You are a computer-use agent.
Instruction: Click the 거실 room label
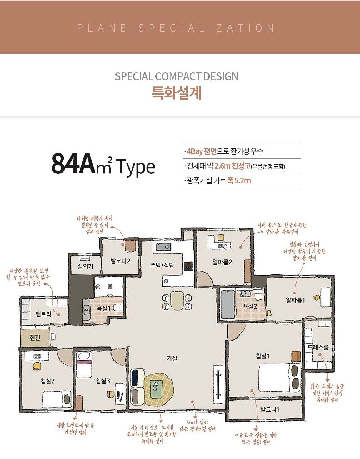click(172, 358)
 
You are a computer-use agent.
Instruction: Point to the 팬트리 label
click(43, 314)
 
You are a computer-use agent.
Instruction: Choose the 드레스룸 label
click(318, 348)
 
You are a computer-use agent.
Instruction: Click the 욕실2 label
click(249, 306)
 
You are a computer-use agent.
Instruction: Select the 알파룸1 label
click(295, 300)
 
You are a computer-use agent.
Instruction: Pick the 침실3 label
click(103, 381)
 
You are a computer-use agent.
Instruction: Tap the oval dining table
click(177, 301)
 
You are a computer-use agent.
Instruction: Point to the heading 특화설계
click(177, 93)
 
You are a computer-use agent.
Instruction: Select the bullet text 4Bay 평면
click(200, 151)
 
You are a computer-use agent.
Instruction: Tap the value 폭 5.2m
click(239, 180)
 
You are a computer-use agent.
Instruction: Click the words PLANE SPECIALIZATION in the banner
click(176, 28)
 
